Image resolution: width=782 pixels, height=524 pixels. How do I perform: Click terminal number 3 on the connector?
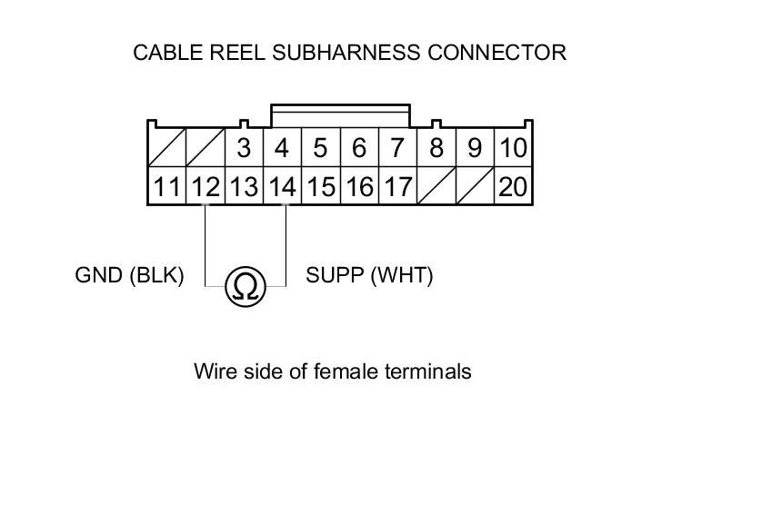(x=244, y=147)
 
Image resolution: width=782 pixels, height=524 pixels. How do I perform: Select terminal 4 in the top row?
(x=282, y=147)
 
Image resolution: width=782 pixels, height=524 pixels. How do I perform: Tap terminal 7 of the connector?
(x=396, y=147)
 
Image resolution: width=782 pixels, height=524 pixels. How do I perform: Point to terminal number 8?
(x=436, y=147)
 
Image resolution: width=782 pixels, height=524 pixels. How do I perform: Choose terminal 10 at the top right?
(x=513, y=147)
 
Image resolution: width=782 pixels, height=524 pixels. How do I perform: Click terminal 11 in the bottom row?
(x=166, y=187)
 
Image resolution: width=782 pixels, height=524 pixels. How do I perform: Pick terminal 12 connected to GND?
(x=206, y=187)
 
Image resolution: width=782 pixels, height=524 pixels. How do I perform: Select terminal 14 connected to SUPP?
(x=283, y=187)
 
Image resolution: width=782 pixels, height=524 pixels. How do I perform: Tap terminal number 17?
(x=397, y=187)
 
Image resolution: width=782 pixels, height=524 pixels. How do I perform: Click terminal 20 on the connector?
(x=513, y=187)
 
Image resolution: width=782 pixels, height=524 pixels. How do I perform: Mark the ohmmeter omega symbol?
(x=245, y=287)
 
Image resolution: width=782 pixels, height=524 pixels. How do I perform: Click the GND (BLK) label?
(x=129, y=275)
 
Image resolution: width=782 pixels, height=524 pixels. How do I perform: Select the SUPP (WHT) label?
(x=369, y=275)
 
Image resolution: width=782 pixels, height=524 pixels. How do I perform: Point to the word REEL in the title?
(x=234, y=53)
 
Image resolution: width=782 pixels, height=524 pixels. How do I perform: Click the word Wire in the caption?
(x=214, y=371)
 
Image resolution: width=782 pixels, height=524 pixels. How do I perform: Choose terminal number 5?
(x=320, y=147)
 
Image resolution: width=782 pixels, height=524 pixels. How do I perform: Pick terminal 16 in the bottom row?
(x=359, y=187)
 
